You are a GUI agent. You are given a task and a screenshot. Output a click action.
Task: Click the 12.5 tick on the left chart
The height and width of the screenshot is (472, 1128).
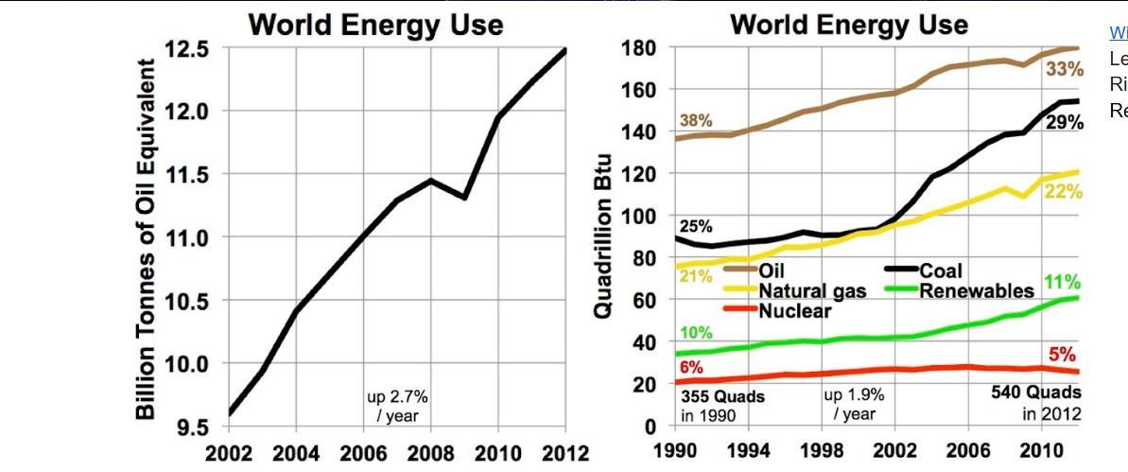pyautogui.click(x=188, y=49)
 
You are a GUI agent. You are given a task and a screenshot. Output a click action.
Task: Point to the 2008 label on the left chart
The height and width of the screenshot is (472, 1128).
pyautogui.click(x=430, y=453)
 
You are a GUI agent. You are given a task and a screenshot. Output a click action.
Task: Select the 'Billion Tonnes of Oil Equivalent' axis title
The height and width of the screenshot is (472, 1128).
pyautogui.click(x=147, y=238)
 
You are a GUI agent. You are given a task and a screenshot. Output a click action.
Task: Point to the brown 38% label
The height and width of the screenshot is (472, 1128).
pyautogui.click(x=696, y=121)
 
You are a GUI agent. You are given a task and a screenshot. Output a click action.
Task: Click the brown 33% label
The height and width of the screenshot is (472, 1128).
pyautogui.click(x=1064, y=70)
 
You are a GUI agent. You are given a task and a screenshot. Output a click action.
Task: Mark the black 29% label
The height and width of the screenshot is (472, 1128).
pyautogui.click(x=1065, y=123)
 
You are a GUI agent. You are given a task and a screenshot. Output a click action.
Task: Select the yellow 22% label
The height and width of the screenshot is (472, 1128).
pyautogui.click(x=1064, y=192)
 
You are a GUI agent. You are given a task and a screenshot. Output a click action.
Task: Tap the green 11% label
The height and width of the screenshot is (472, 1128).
pyautogui.click(x=1062, y=283)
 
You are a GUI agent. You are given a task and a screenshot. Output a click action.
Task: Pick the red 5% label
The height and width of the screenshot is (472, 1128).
pyautogui.click(x=1062, y=355)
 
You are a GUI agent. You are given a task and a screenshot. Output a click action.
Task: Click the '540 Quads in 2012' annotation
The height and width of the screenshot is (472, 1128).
pyautogui.click(x=1036, y=403)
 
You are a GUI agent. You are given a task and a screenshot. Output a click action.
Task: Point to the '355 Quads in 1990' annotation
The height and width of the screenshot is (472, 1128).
pyautogui.click(x=722, y=406)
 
